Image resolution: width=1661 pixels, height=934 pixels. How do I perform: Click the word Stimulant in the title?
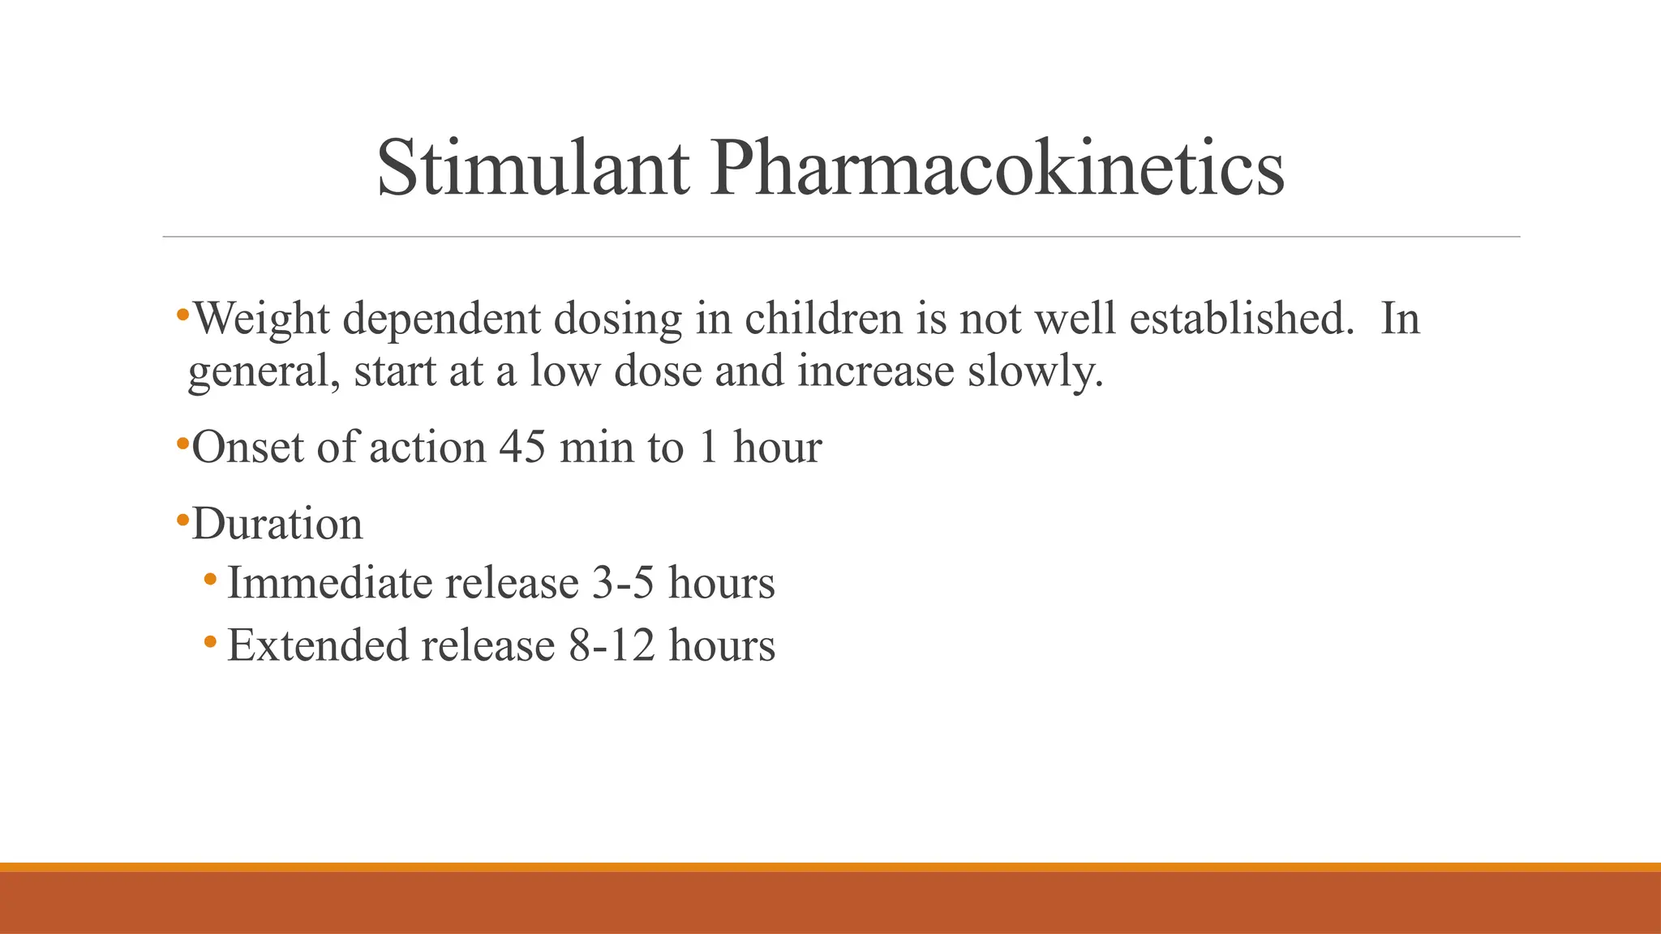(x=533, y=169)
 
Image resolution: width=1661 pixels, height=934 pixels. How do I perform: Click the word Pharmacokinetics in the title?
(x=997, y=169)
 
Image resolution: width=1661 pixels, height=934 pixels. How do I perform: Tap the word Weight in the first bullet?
(x=262, y=318)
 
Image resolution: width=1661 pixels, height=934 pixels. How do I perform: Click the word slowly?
(x=1035, y=371)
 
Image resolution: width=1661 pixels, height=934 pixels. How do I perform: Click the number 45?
(x=522, y=447)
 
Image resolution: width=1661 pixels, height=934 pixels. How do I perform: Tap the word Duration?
(x=277, y=524)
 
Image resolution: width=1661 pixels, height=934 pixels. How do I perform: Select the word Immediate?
(x=321, y=583)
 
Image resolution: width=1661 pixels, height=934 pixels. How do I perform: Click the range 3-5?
(x=622, y=583)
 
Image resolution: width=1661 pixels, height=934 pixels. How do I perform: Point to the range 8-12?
(x=612, y=645)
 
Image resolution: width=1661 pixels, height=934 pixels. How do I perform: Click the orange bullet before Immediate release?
(x=210, y=579)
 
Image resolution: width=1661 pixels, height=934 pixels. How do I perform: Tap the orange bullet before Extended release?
(x=210, y=641)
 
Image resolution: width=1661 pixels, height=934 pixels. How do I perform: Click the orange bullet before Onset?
(x=182, y=443)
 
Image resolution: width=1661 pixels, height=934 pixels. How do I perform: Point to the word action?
(x=427, y=447)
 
